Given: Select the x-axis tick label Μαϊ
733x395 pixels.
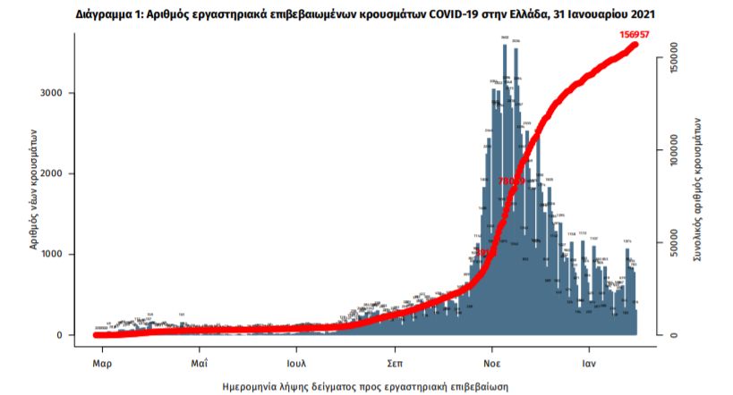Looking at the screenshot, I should tap(200, 364).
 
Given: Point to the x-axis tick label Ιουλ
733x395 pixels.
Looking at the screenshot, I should tap(297, 364).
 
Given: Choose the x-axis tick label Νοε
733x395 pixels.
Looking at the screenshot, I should tap(491, 364).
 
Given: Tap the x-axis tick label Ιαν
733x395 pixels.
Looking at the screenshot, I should tap(588, 364).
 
